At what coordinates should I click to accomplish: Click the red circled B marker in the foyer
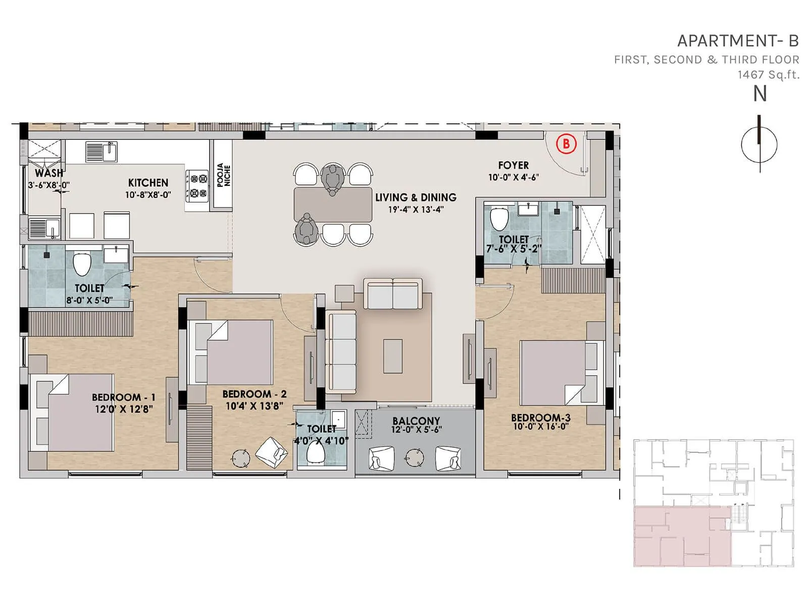(x=566, y=144)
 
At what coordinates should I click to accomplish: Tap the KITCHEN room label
(x=148, y=183)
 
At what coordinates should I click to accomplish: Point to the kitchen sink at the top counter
(x=101, y=151)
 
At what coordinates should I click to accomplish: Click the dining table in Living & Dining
(x=333, y=205)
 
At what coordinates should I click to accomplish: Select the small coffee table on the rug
(x=393, y=356)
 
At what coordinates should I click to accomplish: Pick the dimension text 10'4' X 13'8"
(x=254, y=406)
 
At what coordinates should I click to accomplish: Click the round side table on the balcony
(x=415, y=457)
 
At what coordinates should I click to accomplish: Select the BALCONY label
(x=416, y=421)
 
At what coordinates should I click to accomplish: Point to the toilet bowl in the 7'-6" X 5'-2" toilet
(x=499, y=219)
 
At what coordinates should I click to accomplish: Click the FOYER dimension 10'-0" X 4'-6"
(x=513, y=177)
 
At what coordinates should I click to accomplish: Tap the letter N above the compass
(x=760, y=94)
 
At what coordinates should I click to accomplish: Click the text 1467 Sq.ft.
(x=768, y=75)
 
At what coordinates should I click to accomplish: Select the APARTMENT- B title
(x=738, y=41)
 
